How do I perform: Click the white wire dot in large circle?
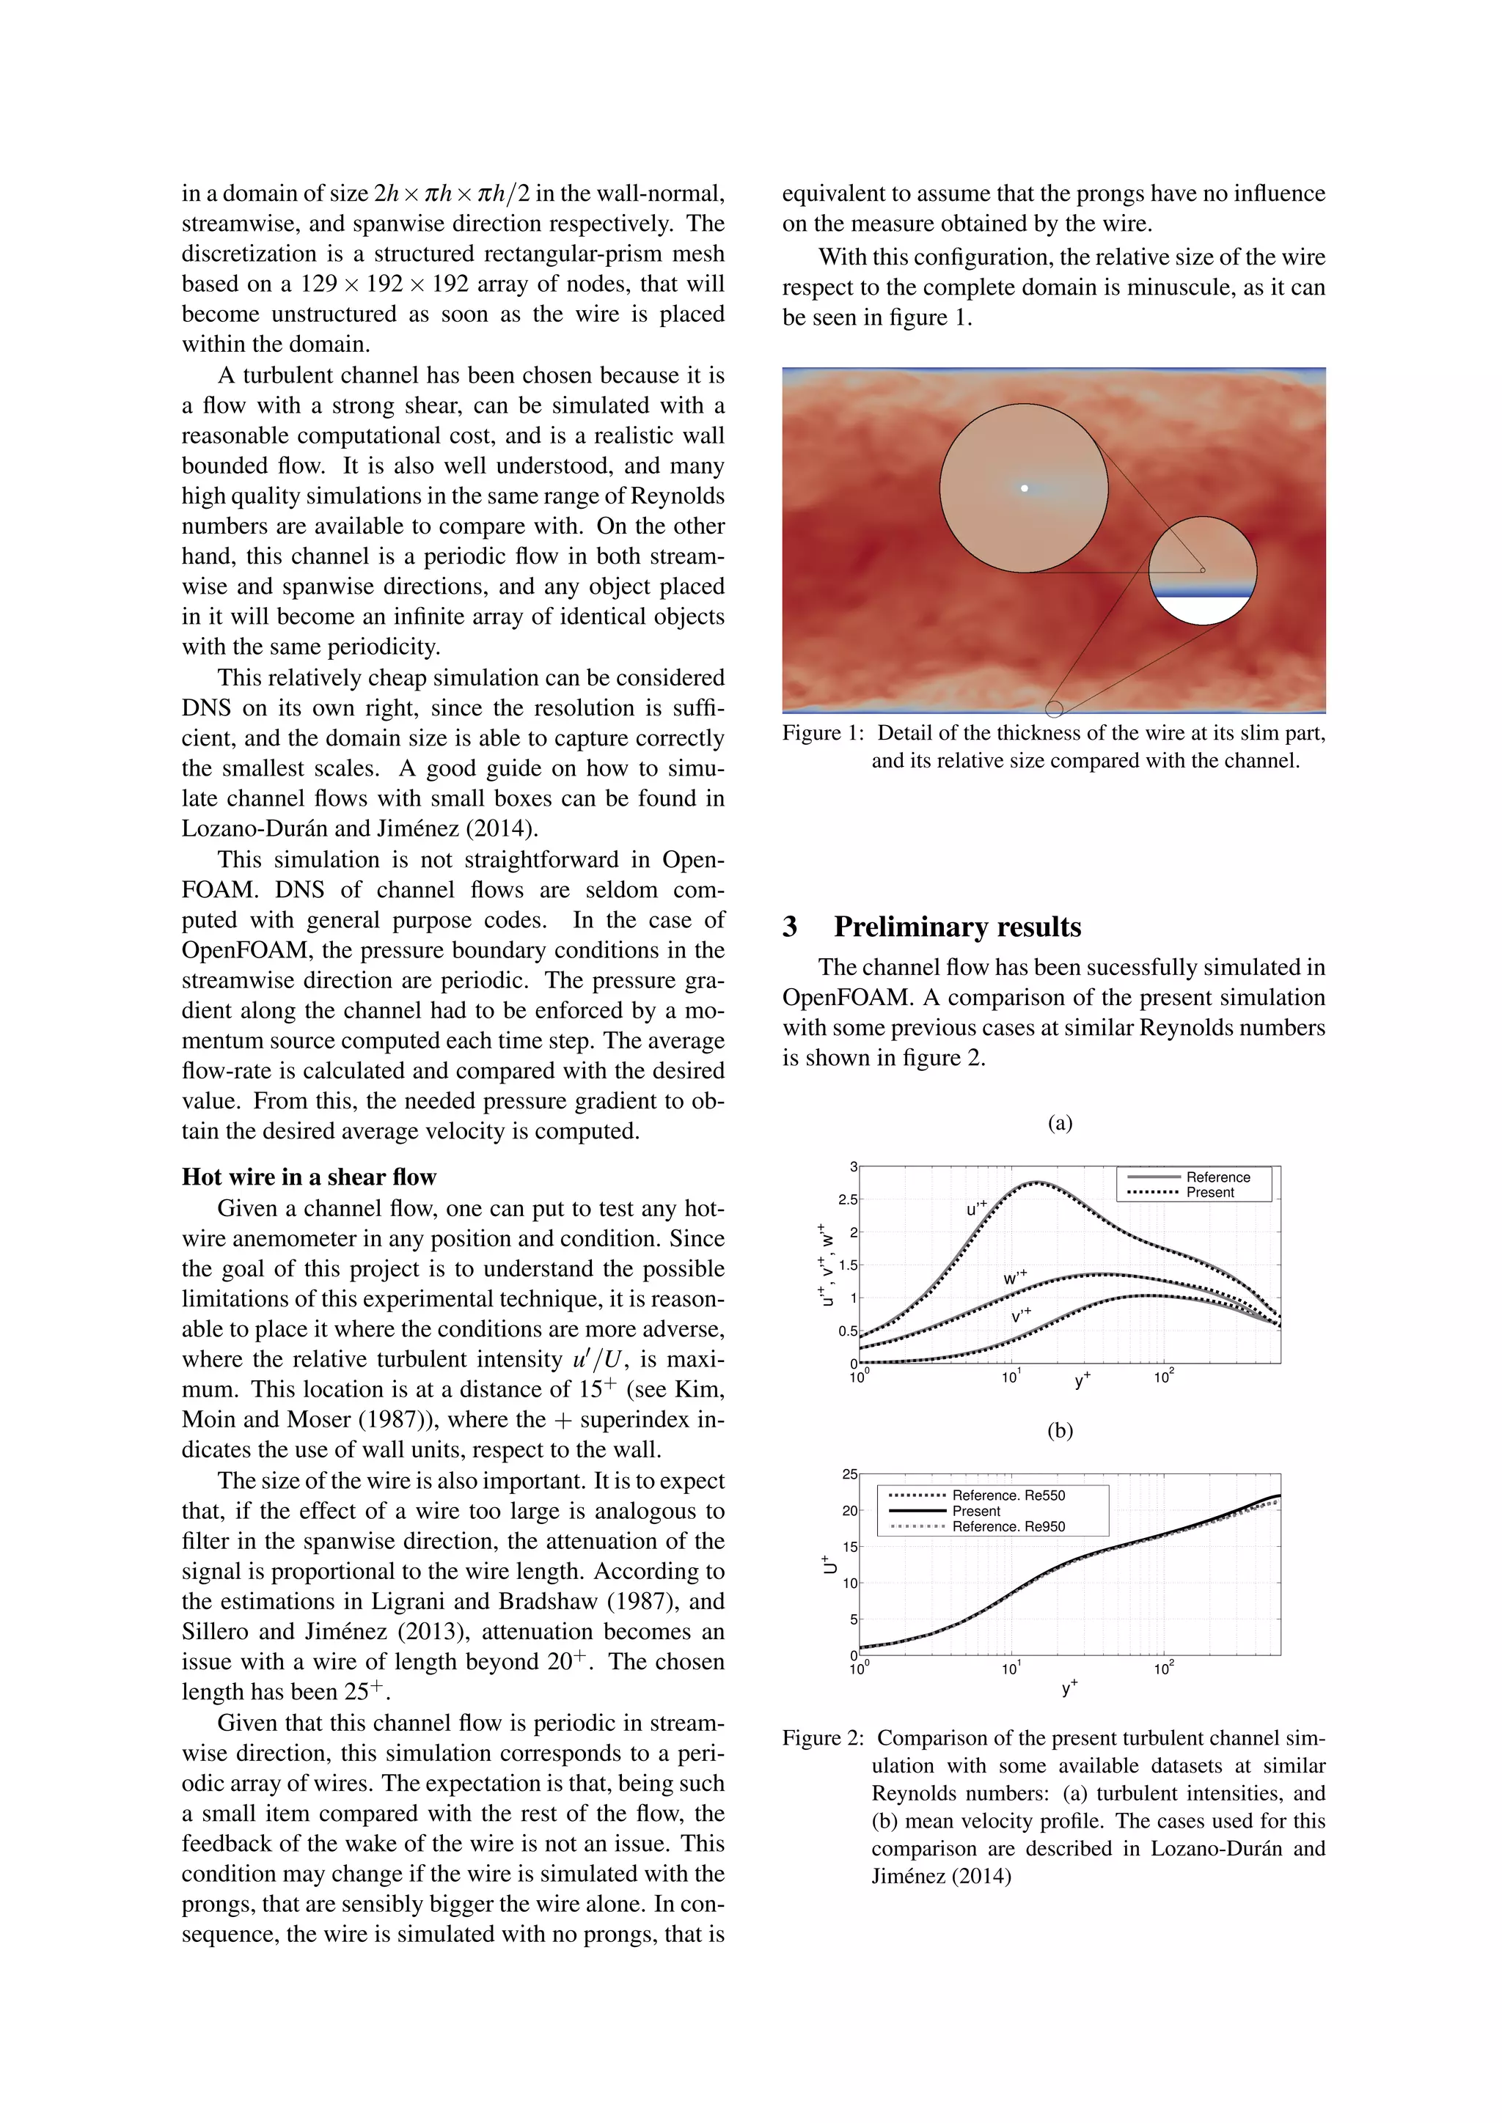(x=1024, y=487)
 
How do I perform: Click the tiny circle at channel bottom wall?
(x=1053, y=709)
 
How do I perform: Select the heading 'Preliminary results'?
(x=957, y=927)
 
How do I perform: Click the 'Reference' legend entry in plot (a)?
(x=1217, y=1177)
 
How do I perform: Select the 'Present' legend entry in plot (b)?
(x=975, y=1510)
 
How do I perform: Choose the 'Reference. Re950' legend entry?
(x=1008, y=1526)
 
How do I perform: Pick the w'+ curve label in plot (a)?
(x=1014, y=1278)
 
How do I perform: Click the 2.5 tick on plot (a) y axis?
(x=847, y=1199)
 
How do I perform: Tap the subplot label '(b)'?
(x=1060, y=1430)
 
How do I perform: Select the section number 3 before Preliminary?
(x=790, y=927)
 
